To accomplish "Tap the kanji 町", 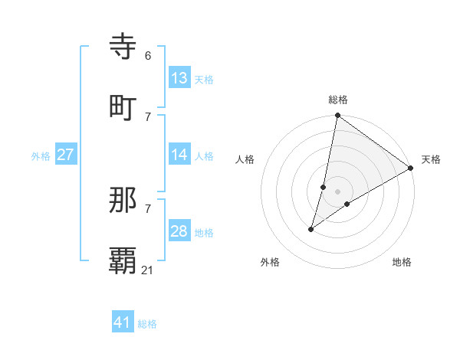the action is click(x=123, y=107).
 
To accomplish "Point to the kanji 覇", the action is click(x=123, y=261).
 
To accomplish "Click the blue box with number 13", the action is click(x=179, y=78).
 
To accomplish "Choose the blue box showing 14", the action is click(x=179, y=155).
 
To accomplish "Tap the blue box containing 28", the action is click(x=179, y=231).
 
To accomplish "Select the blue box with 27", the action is click(x=65, y=155).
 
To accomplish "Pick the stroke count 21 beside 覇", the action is click(x=148, y=270).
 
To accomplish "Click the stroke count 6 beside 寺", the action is click(x=148, y=56).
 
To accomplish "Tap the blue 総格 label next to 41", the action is click(x=147, y=324).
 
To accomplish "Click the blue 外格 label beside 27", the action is click(x=41, y=156).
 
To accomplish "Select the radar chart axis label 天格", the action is click(x=431, y=159).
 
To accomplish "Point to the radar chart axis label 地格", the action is click(x=402, y=263).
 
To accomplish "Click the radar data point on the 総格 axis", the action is click(x=337, y=116).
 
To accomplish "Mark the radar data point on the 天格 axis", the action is click(x=410, y=169).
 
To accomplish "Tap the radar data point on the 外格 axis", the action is click(x=311, y=229).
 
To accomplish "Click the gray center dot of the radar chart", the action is click(x=337, y=191).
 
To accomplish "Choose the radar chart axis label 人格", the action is click(x=245, y=159).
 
